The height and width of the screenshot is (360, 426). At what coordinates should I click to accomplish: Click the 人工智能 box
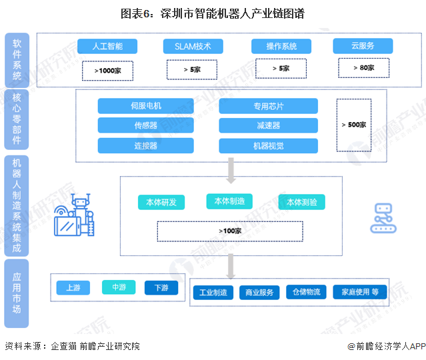pos(107,46)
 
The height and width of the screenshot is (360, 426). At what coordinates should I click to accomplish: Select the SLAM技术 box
pos(193,46)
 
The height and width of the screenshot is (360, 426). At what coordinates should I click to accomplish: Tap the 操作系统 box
pos(281,46)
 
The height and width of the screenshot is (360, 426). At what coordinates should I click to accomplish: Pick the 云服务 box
pos(362,46)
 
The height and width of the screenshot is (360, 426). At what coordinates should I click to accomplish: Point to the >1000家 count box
pos(107,70)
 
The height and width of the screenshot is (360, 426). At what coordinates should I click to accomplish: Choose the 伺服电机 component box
pos(145,106)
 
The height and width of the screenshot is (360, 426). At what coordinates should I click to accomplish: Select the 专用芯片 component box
pos(268,106)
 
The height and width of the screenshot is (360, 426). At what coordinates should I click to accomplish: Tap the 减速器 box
pos(268,126)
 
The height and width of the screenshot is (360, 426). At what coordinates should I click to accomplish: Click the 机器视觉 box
pos(268,146)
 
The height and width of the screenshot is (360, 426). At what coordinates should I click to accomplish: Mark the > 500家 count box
pos(353,125)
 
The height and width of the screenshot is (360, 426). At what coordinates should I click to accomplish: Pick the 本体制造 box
pos(229,201)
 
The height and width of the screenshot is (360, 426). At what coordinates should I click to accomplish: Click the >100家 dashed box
pos(229,231)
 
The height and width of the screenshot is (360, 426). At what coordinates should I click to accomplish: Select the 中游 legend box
pos(119,287)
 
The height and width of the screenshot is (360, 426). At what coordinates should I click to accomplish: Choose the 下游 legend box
pos(161,287)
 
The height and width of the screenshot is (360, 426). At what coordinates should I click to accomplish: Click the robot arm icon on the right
pos(382,218)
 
